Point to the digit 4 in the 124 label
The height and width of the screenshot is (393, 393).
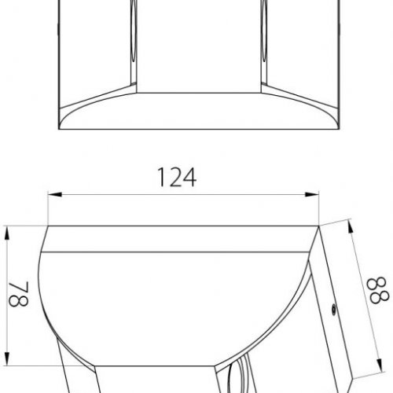click(189, 178)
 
